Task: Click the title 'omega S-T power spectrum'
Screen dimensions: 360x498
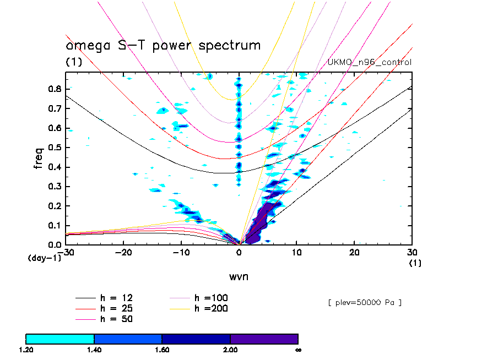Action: (x=163, y=46)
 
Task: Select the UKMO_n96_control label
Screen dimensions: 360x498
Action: (x=369, y=62)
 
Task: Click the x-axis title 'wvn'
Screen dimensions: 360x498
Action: (x=239, y=276)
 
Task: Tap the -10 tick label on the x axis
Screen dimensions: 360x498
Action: (x=181, y=252)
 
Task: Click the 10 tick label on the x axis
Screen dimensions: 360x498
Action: (x=296, y=252)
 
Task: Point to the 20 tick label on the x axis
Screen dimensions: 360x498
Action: (x=354, y=252)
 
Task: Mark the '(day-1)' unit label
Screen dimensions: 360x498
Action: (x=45, y=258)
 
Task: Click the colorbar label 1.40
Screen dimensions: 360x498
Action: (x=94, y=350)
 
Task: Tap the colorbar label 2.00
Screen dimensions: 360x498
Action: (x=230, y=350)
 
